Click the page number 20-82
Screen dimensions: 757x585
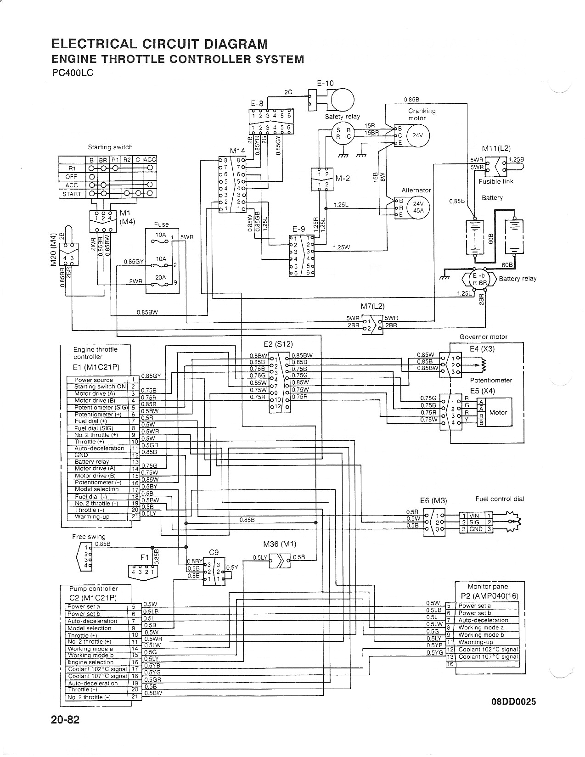pyautogui.click(x=65, y=732)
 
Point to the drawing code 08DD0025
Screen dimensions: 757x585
pyautogui.click(x=512, y=701)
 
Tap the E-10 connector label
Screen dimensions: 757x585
pyautogui.click(x=325, y=83)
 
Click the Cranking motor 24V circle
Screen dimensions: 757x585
pyautogui.click(x=417, y=135)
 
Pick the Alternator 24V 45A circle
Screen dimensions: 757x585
pyautogui.click(x=418, y=207)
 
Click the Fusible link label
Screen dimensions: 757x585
pyautogui.click(x=496, y=181)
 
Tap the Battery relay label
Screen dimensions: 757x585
pyautogui.click(x=517, y=279)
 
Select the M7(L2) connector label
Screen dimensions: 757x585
pyautogui.click(x=372, y=306)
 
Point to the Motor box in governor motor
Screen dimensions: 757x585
pyautogui.click(x=498, y=412)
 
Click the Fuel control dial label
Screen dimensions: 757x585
pyautogui.click(x=500, y=499)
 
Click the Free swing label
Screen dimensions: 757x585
pyautogui.click(x=89, y=536)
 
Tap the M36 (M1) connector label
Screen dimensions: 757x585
pyautogui.click(x=280, y=544)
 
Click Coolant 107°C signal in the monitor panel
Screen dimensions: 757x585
pyautogui.click(x=488, y=657)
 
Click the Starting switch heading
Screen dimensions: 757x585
pyautogui.click(x=110, y=147)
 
